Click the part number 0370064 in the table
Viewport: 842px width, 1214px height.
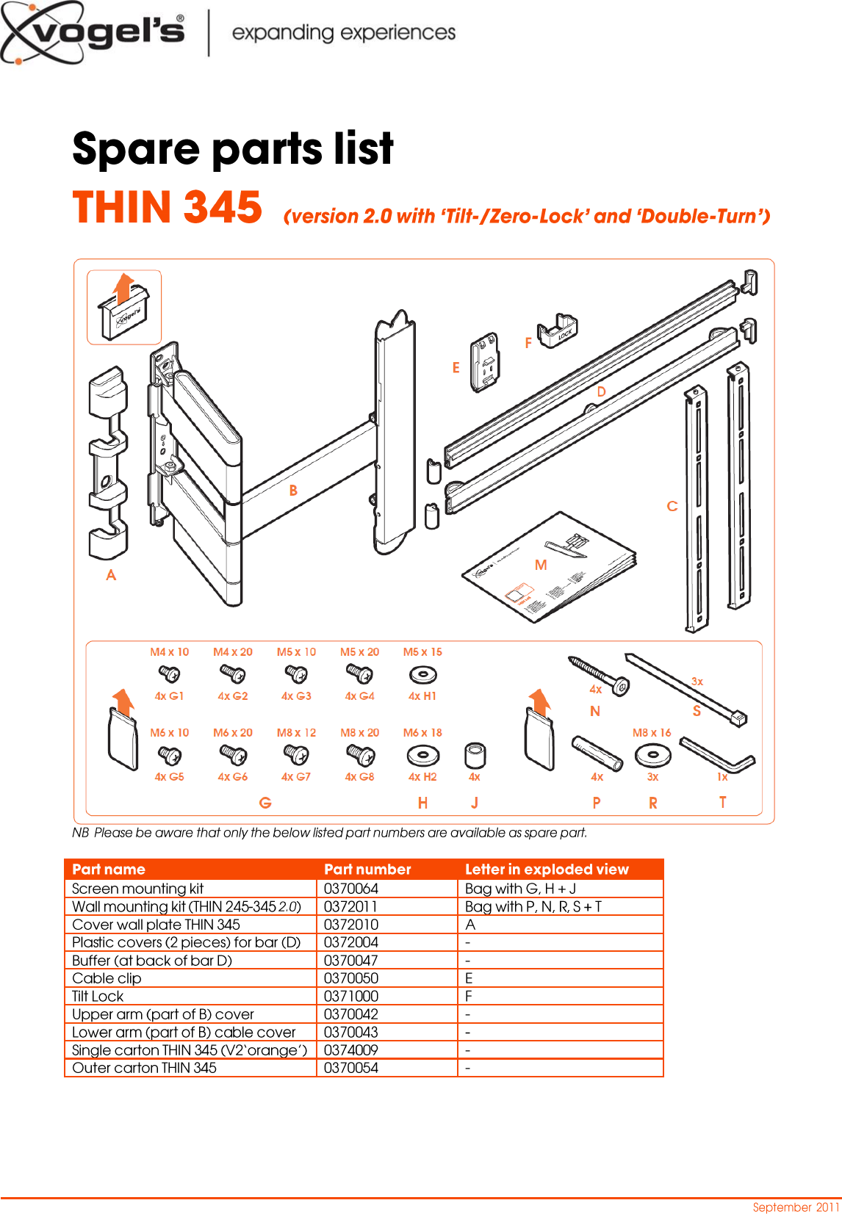pos(350,889)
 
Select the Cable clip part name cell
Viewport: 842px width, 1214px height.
pos(107,978)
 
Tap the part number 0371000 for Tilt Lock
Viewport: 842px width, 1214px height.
pos(350,997)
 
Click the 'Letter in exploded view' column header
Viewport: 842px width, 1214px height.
pos(547,870)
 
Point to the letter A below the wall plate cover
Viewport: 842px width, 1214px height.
pos(111,575)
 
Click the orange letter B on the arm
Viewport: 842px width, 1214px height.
pos(293,491)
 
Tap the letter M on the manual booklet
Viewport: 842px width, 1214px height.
pos(541,565)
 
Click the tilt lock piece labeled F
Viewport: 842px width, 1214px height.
pos(558,332)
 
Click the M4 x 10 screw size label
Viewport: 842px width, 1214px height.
pos(169,652)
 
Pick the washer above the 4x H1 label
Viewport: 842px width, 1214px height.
pos(422,674)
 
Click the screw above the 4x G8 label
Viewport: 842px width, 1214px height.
pos(360,754)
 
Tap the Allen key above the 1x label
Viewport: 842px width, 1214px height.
pos(717,756)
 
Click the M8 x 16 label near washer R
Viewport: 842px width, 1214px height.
pos(652,733)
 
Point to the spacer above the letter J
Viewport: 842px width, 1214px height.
pos(475,756)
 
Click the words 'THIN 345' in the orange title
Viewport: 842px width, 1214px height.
pos(168,208)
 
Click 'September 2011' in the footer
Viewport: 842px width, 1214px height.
pos(796,1207)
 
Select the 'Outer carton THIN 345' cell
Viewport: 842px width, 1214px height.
pos(145,1068)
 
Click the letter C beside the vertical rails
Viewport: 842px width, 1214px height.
pos(672,506)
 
